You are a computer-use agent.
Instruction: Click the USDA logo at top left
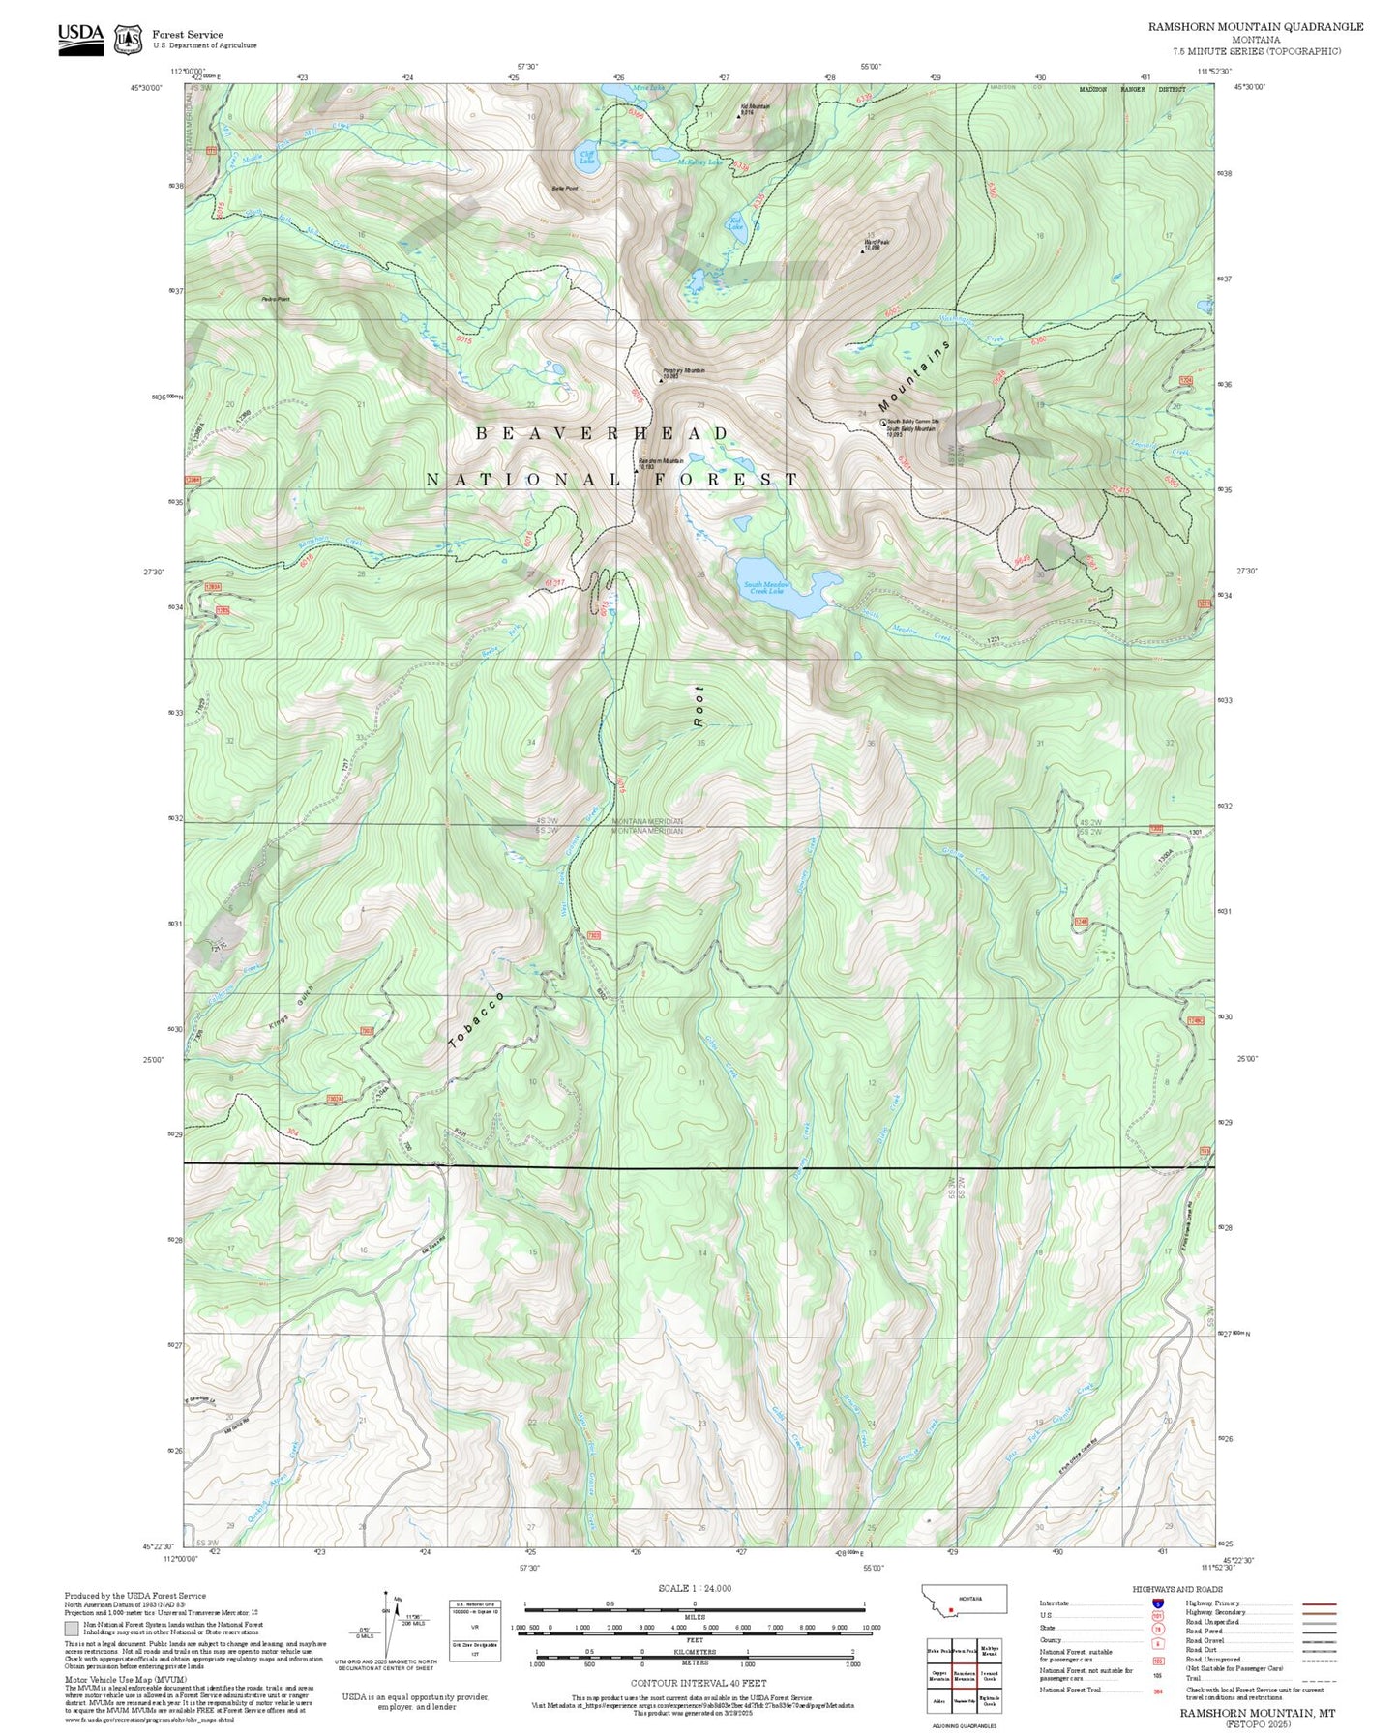click(x=80, y=38)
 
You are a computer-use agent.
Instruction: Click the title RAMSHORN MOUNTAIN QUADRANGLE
click(x=1255, y=27)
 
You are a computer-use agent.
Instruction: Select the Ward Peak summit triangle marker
click(x=863, y=252)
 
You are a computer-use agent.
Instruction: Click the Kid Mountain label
click(x=755, y=107)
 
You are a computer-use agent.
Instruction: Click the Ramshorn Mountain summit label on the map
click(x=661, y=462)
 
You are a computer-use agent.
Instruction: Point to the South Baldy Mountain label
click(x=911, y=428)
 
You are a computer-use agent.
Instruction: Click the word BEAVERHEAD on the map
click(x=603, y=434)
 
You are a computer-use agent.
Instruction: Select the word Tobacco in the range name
click(x=477, y=1019)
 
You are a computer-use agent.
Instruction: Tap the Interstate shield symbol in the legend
click(x=1157, y=1603)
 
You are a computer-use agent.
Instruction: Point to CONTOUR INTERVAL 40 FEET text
click(x=698, y=1684)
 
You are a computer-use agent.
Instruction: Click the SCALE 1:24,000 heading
click(x=695, y=1588)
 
